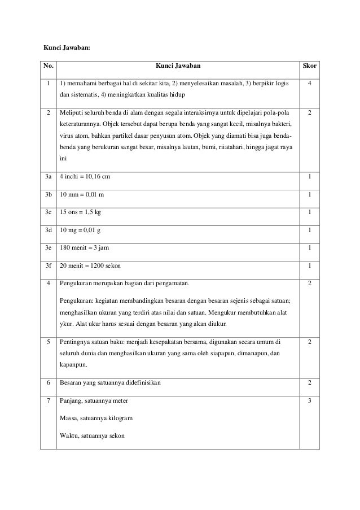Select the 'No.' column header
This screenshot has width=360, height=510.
click(49, 67)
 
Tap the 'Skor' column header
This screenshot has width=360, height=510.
click(309, 67)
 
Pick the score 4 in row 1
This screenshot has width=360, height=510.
click(309, 83)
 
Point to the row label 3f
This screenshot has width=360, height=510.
click(49, 266)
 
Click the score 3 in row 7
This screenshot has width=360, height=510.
click(309, 401)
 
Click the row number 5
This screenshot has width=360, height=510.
click(49, 342)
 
